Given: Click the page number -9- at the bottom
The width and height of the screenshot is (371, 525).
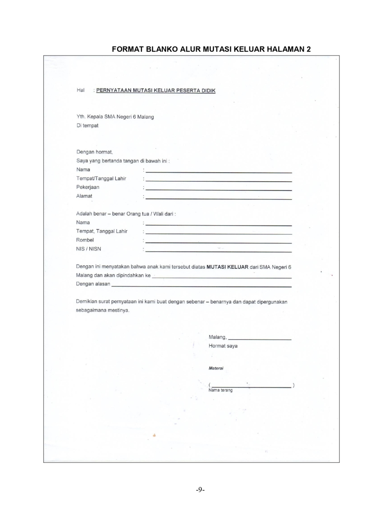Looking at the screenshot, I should (201, 490).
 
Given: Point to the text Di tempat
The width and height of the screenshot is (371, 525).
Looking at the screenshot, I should (87, 126).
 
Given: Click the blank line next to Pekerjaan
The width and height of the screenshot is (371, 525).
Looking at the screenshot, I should (218, 190).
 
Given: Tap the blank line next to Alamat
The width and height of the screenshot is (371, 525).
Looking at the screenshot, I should (218, 199).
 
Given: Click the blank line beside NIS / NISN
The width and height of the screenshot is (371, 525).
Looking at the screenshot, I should (218, 251).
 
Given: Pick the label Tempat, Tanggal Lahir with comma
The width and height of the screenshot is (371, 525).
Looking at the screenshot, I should (102, 231).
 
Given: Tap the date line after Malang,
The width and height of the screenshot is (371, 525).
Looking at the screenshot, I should (260, 339).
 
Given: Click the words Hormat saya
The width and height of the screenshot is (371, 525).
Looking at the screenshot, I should (223, 346).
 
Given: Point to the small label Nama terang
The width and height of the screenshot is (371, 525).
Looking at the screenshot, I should (221, 390).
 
